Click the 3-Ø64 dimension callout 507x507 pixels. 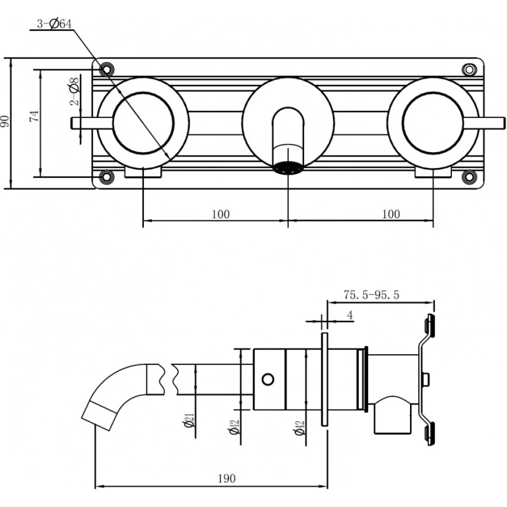click(x=55, y=24)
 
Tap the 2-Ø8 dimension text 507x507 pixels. click(x=74, y=91)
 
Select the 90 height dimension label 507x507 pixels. click(x=4, y=121)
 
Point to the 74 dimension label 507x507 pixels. click(x=34, y=116)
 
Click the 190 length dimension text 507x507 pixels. click(x=227, y=478)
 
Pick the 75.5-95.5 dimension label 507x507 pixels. click(x=371, y=295)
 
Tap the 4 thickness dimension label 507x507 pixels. click(x=350, y=315)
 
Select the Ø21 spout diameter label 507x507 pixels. click(x=189, y=420)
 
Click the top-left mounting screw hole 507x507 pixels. click(x=106, y=69)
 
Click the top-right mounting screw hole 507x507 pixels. click(x=469, y=70)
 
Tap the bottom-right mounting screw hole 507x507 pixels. click(x=469, y=177)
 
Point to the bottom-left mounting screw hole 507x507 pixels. click(x=106, y=177)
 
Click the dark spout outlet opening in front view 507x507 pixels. click(x=288, y=168)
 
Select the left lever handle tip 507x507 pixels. click(x=72, y=123)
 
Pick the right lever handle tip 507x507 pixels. click(x=503, y=123)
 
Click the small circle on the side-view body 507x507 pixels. click(x=268, y=379)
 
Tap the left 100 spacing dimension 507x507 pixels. click(x=221, y=214)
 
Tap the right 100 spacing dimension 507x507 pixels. click(x=391, y=214)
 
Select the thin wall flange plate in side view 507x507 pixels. click(x=324, y=379)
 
